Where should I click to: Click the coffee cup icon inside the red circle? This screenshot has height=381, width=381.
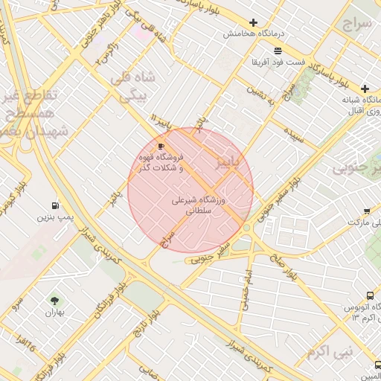click(x=161, y=146)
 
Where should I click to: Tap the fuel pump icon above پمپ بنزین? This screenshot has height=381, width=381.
click(x=56, y=205)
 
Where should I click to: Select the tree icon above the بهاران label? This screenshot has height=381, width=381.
click(x=54, y=301)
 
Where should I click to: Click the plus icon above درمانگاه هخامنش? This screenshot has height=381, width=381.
click(x=254, y=23)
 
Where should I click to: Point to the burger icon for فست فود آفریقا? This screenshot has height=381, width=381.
click(x=278, y=51)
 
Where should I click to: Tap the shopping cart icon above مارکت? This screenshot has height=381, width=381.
click(x=367, y=211)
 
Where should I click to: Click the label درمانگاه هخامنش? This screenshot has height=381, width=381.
click(x=253, y=34)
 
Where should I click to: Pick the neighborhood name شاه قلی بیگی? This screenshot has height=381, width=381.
click(x=134, y=86)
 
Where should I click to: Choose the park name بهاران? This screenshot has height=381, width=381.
click(x=54, y=313)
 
